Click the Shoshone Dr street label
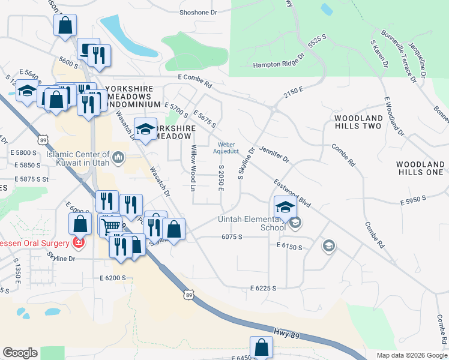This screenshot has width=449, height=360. [x=199, y=12]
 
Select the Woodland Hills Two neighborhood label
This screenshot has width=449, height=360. [x=358, y=122]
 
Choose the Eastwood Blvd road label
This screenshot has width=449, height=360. [x=292, y=194]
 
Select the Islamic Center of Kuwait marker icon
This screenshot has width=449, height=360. [x=118, y=158]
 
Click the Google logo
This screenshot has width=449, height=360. [x=20, y=353]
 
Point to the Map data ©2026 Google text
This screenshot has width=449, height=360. [x=411, y=355]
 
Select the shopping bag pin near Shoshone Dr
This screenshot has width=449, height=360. [x=65, y=26]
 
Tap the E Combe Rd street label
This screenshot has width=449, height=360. [x=195, y=77]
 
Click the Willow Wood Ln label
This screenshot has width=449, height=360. [x=193, y=168]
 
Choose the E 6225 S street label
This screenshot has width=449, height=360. [x=262, y=289]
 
